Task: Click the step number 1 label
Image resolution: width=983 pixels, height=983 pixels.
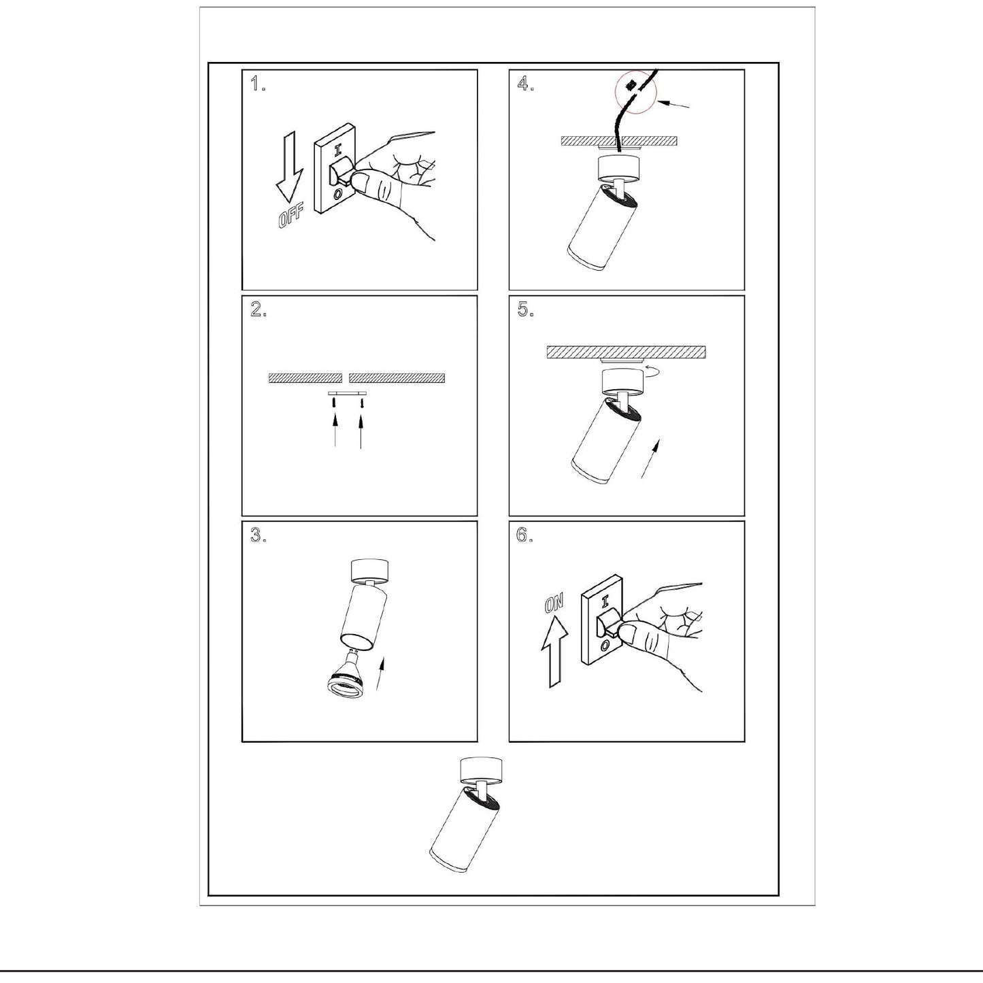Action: tap(258, 83)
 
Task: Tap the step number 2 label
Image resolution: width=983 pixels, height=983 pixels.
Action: tap(258, 309)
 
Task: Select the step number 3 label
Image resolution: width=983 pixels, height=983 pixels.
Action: tap(258, 535)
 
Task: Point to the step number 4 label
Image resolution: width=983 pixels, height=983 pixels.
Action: tap(525, 83)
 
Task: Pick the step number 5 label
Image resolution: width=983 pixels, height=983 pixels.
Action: tap(525, 309)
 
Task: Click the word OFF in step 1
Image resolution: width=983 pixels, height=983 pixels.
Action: tap(290, 215)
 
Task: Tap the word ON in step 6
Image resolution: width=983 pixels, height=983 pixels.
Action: tap(554, 603)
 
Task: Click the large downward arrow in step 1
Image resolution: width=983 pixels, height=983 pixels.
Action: tap(289, 166)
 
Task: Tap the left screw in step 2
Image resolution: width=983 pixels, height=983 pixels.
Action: tap(333, 403)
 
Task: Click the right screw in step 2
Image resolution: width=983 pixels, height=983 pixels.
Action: tap(362, 403)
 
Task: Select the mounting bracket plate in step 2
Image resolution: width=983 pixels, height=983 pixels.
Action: tap(348, 393)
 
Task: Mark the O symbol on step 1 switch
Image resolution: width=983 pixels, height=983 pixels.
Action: tap(337, 194)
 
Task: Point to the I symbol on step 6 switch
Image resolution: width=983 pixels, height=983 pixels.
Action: tap(605, 601)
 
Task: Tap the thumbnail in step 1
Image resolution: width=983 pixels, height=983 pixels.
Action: tap(361, 181)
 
